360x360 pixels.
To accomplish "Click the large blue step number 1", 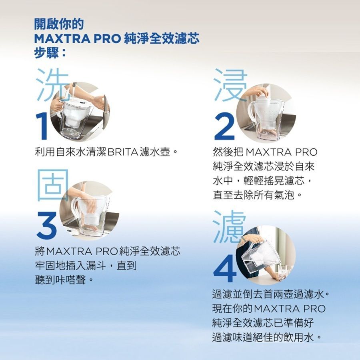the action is click(42, 126).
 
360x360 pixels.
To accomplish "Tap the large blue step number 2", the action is click(224, 126).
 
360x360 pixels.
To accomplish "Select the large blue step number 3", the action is click(47, 225).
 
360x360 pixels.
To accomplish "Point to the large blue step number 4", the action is click(225, 268).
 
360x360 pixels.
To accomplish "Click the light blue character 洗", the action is click(52, 84).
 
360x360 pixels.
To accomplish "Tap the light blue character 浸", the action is click(230, 85).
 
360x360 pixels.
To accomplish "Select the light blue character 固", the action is click(53, 185).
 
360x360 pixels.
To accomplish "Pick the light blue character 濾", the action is click(229, 226).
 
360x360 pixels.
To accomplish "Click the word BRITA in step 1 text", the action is click(123, 152).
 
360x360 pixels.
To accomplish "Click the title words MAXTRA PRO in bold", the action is click(77, 38).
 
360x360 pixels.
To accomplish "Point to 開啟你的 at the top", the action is click(59, 24).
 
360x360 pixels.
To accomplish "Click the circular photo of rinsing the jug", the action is click(80, 112).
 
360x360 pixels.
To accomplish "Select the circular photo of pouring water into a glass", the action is click(266, 255).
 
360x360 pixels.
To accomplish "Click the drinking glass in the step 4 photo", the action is click(282, 272).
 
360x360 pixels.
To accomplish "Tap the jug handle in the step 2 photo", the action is click(252, 111).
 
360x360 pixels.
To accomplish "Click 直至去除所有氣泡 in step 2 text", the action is click(254, 195).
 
